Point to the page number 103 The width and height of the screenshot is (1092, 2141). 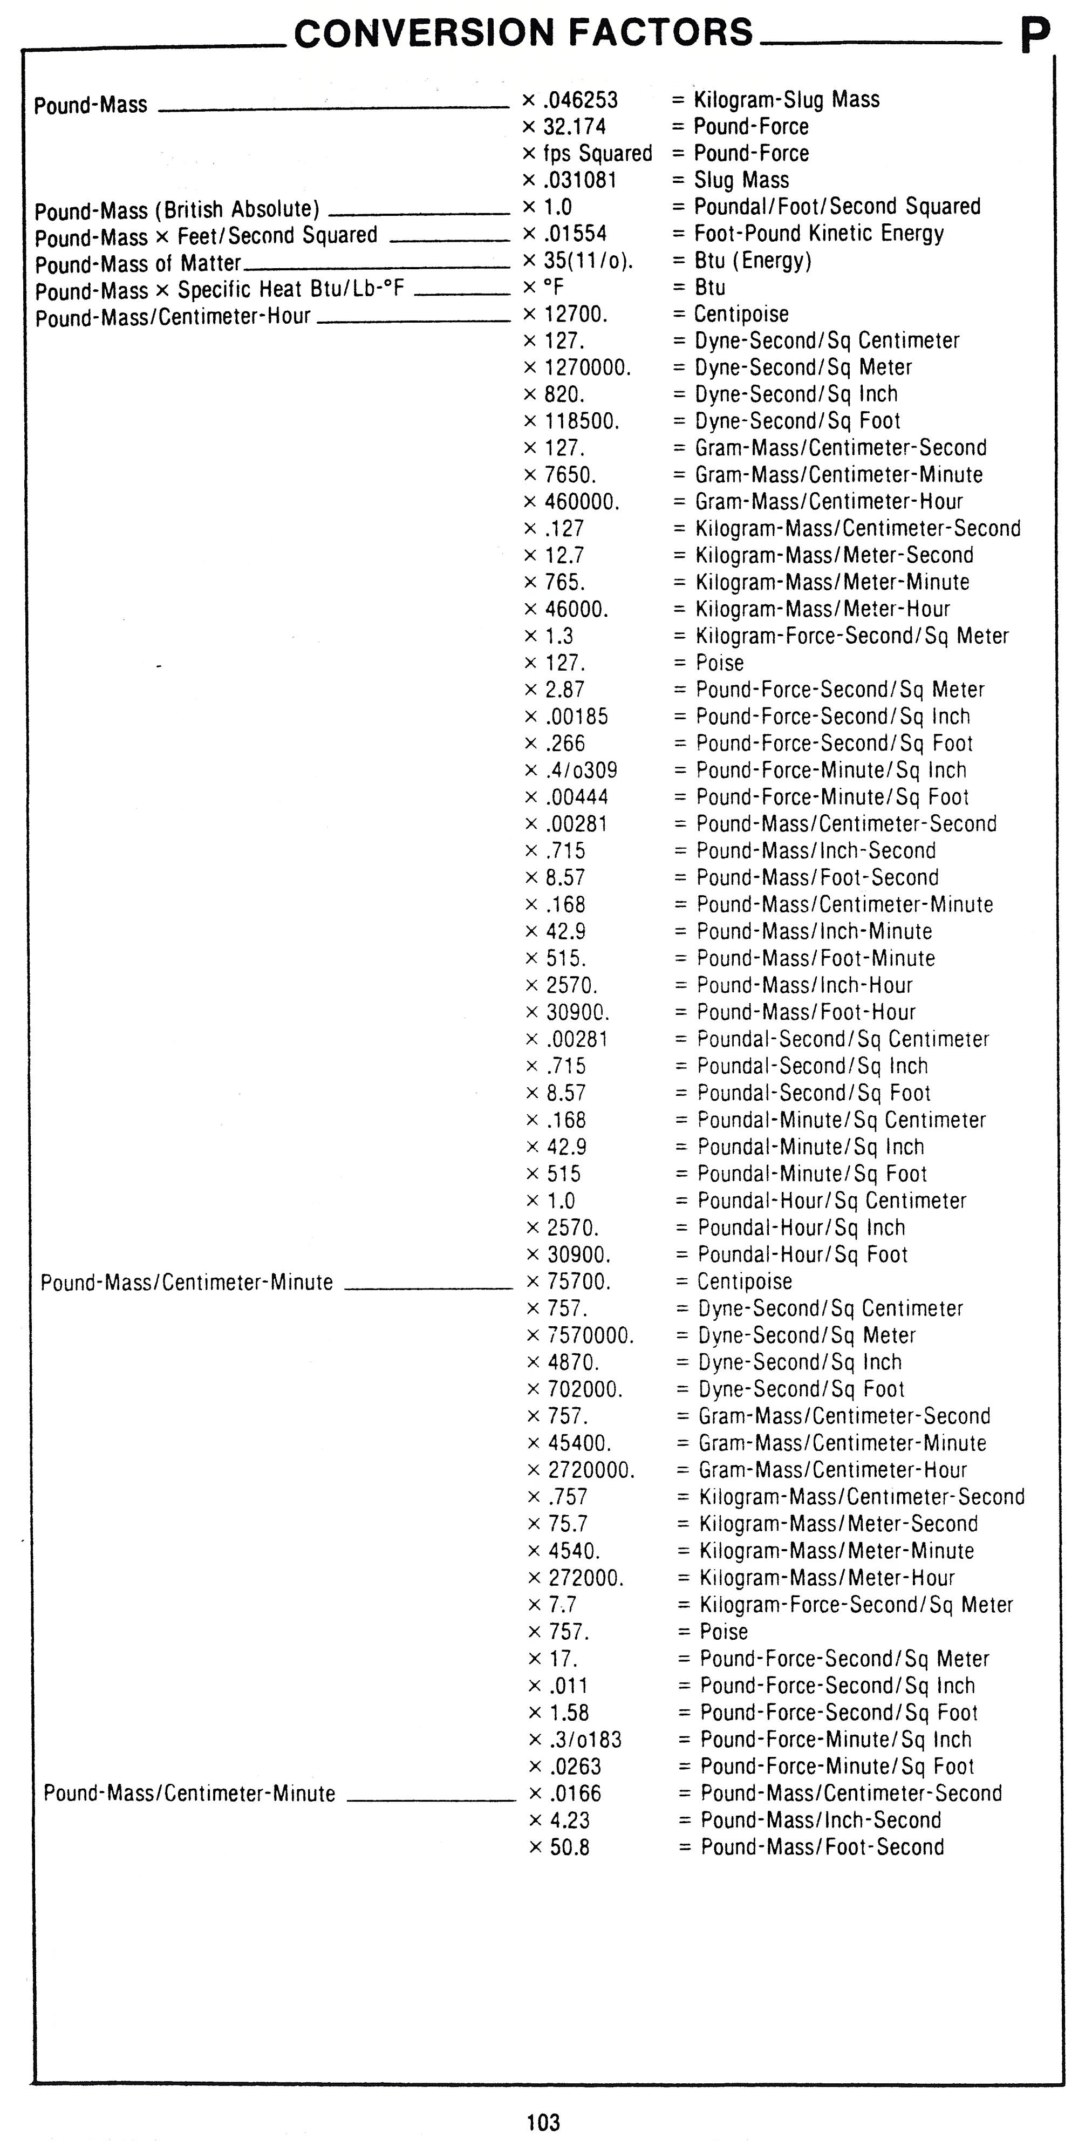click(x=543, y=2122)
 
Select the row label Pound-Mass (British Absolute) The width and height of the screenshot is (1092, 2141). click(x=177, y=209)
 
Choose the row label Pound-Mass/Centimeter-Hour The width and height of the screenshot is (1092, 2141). click(x=173, y=317)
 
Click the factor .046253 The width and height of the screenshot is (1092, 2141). click(x=580, y=100)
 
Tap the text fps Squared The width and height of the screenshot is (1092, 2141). click(x=598, y=153)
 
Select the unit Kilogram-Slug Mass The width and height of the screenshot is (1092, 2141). click(x=786, y=100)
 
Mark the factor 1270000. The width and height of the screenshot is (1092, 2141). click(x=588, y=367)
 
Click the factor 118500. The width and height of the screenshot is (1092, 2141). click(x=582, y=421)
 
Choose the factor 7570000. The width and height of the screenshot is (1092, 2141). click(x=590, y=1335)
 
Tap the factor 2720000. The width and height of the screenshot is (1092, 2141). click(x=591, y=1470)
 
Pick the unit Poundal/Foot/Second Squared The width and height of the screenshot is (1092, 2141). click(x=837, y=206)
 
